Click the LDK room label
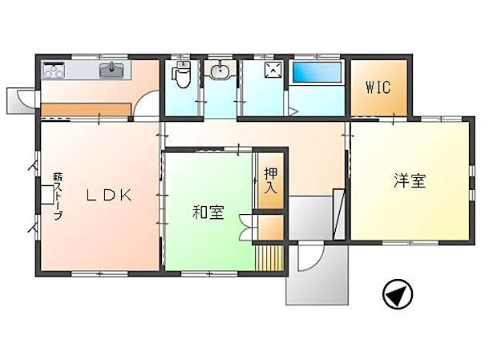tap(109, 195)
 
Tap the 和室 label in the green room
tap(208, 212)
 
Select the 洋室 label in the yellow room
tap(410, 180)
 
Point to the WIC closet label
tap(378, 87)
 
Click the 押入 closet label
tap(271, 180)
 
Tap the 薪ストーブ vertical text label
tap(58, 196)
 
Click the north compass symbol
tap(398, 293)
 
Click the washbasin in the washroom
tap(220, 71)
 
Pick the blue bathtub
tap(317, 72)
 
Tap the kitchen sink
tap(111, 71)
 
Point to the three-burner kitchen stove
tap(54, 71)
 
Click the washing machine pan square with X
tap(273, 70)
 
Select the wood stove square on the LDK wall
tap(46, 194)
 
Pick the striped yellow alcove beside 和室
tap(269, 258)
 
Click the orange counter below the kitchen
tap(86, 110)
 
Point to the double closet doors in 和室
tap(247, 227)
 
